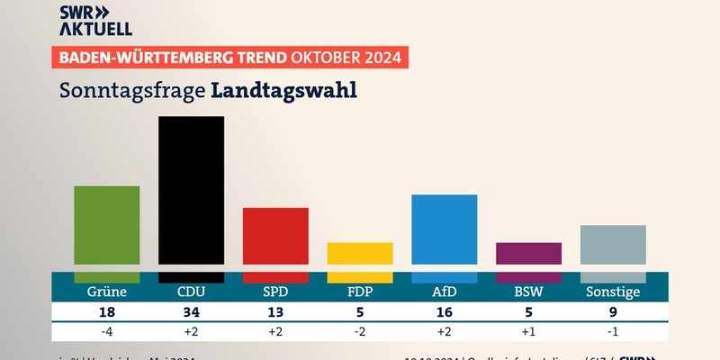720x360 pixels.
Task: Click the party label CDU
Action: pos(191,292)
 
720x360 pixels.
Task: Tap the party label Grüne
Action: pos(106,292)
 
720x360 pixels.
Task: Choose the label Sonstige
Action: pos(613,292)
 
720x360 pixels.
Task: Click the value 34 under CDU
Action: pos(191,313)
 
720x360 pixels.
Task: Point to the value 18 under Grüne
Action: pos(106,313)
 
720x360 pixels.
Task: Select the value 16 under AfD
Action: pos(444,313)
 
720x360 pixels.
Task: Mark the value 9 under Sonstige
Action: pos(613,313)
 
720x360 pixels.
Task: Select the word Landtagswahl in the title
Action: pos(284,91)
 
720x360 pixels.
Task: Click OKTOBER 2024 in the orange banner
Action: pos(346,58)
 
